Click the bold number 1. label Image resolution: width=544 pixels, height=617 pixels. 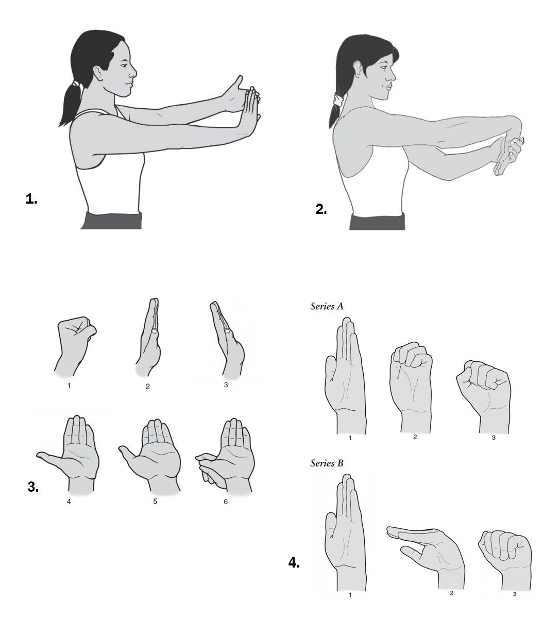(31, 199)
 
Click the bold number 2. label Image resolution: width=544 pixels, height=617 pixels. (321, 209)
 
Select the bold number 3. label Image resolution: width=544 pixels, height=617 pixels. (33, 487)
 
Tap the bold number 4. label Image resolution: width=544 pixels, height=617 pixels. (294, 563)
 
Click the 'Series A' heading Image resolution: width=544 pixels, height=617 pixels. (327, 306)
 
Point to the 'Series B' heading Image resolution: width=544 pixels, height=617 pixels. (327, 463)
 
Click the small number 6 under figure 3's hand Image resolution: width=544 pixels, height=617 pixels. (226, 502)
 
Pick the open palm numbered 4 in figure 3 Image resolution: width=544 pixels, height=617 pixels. (70, 453)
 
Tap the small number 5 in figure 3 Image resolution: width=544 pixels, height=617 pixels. (155, 502)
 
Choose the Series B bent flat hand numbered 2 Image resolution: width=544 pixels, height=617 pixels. (427, 555)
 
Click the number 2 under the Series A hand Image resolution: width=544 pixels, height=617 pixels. (415, 437)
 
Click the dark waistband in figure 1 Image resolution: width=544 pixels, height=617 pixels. (112, 221)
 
